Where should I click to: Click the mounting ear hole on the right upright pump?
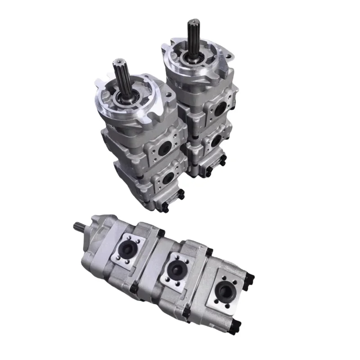click(228, 57)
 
